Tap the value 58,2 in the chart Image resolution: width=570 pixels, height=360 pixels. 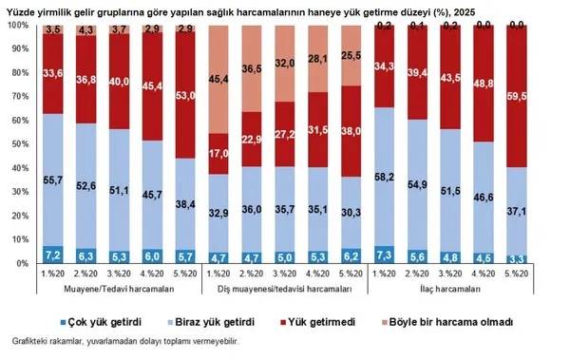[385, 177]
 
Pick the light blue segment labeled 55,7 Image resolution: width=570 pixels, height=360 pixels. [53, 179]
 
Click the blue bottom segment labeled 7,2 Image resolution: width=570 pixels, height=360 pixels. [53, 255]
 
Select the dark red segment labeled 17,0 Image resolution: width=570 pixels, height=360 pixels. [218, 152]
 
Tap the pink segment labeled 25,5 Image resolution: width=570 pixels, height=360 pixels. [351, 56]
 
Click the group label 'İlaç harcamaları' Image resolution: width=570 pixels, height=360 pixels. [450, 289]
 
